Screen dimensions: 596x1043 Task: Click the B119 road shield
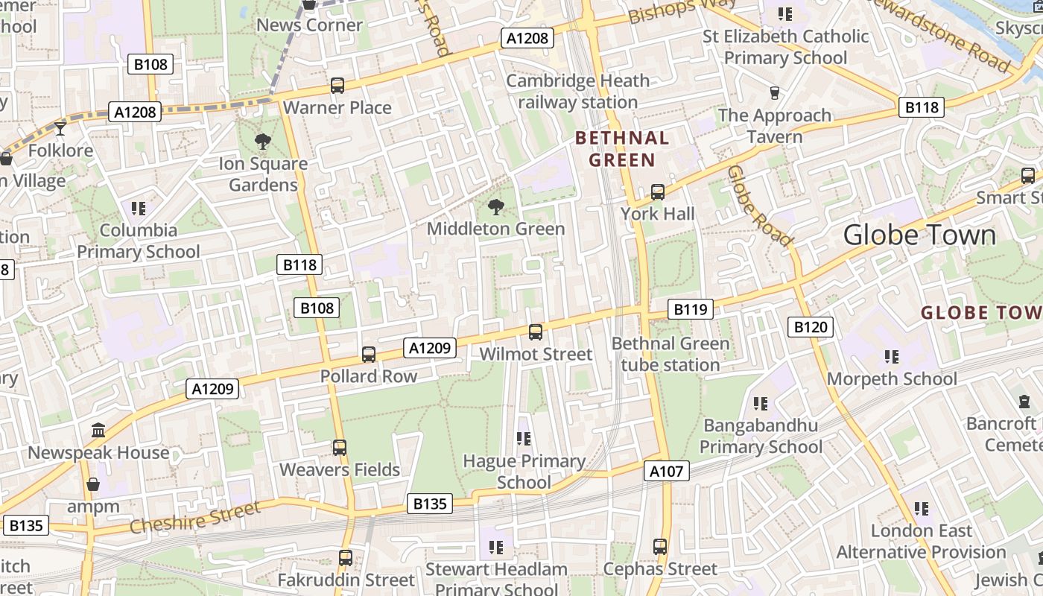(x=690, y=309)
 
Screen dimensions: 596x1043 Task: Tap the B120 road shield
(x=811, y=327)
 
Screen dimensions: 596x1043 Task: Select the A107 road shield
(x=666, y=471)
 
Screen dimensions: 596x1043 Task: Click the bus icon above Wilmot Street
(x=535, y=332)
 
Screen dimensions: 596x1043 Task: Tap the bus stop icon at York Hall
(x=657, y=192)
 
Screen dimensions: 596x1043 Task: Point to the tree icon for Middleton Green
(x=495, y=207)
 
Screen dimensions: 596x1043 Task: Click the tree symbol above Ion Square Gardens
(x=262, y=142)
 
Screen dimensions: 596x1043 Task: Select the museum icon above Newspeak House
(x=98, y=431)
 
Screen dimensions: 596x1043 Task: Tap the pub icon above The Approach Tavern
(x=774, y=93)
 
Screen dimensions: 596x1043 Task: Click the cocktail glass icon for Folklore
(x=60, y=129)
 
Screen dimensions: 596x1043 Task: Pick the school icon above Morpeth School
(x=891, y=357)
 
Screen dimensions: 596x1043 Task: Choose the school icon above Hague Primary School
(x=523, y=439)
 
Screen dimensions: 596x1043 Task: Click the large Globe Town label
(x=919, y=235)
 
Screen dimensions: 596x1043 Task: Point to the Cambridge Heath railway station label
(x=577, y=92)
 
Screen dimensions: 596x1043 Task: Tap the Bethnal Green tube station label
(x=670, y=354)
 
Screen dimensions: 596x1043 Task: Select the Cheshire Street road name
(x=195, y=517)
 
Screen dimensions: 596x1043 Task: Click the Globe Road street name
(x=758, y=206)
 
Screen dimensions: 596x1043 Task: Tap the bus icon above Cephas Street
(x=659, y=547)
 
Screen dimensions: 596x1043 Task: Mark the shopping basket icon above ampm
(x=92, y=485)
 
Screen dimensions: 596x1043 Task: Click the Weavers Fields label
(x=340, y=469)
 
